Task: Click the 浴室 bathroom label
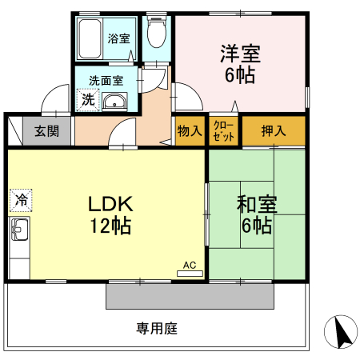pyautogui.click(x=118, y=38)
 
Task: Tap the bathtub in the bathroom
pyautogui.click(x=90, y=38)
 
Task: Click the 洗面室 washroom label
pyautogui.click(x=106, y=81)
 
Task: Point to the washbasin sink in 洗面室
pyautogui.click(x=115, y=101)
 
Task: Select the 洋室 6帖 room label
pyautogui.click(x=239, y=64)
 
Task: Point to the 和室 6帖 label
pyautogui.click(x=256, y=214)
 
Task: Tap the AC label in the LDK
pyautogui.click(x=189, y=263)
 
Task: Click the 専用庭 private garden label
pyautogui.click(x=156, y=327)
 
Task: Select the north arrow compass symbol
pyautogui.click(x=340, y=330)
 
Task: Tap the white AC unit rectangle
pyautogui.click(x=190, y=273)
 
